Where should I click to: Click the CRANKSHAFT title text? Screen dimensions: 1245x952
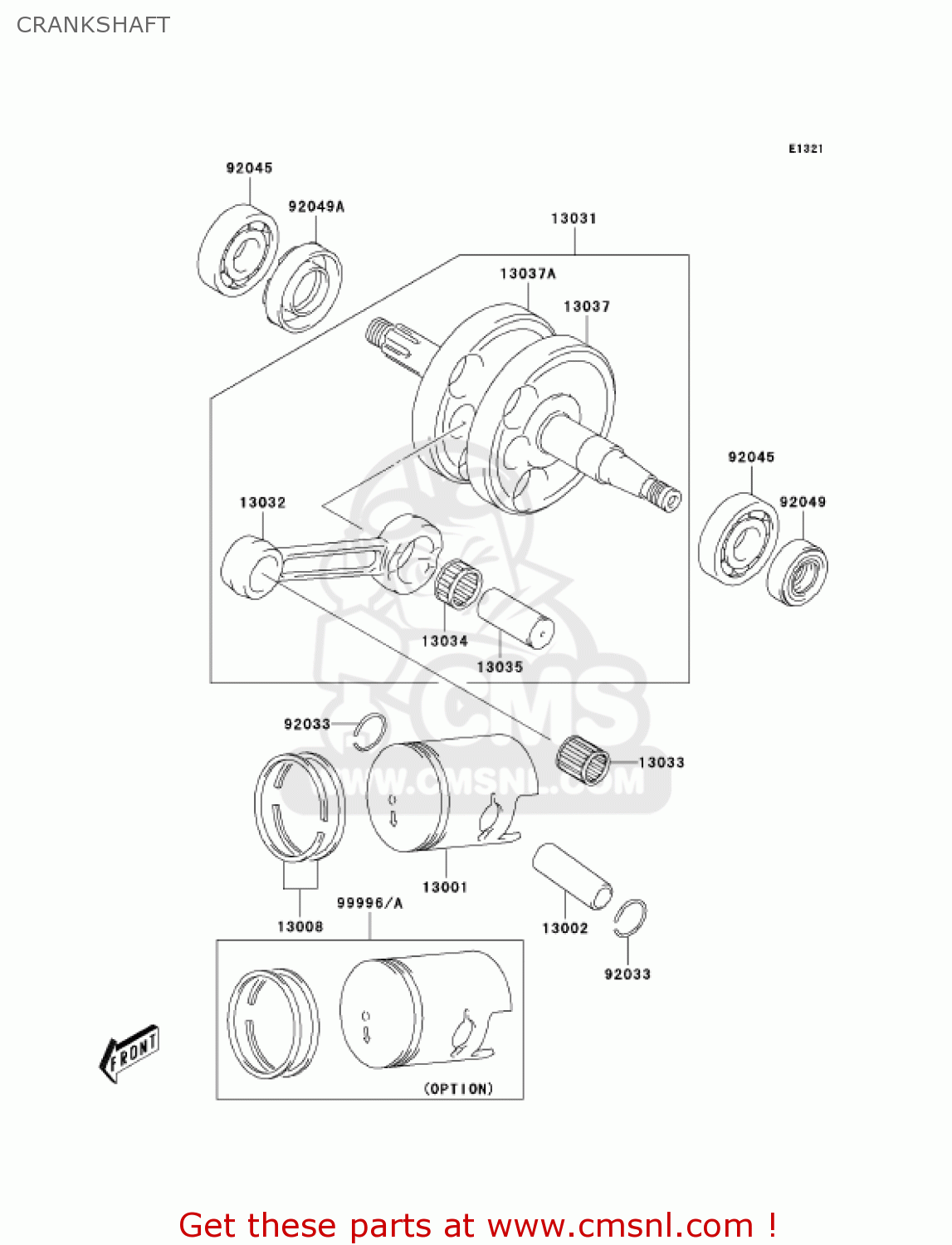(93, 25)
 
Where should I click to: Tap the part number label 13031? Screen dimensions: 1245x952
(574, 218)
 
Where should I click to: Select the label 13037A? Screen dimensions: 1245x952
(527, 274)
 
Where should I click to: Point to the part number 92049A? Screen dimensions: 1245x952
(316, 207)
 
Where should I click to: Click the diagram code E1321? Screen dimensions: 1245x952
(805, 149)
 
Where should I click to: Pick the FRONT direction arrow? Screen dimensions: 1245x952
(129, 1054)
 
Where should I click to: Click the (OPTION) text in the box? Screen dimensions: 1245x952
(458, 1088)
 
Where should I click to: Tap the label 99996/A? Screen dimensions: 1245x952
(369, 903)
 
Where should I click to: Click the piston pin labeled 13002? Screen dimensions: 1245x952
(572, 876)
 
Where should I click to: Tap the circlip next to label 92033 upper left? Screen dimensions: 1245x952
(369, 732)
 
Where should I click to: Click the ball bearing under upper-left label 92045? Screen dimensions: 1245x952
(238, 250)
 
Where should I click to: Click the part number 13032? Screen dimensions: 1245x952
(262, 503)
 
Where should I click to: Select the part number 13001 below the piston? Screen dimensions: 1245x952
(445, 887)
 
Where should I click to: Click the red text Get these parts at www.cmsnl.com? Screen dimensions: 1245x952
(478, 1225)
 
